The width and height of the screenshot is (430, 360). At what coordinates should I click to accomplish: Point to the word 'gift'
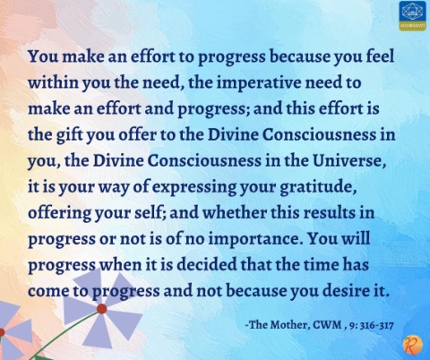point(71,135)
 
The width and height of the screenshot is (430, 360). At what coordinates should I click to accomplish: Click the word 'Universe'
point(348,161)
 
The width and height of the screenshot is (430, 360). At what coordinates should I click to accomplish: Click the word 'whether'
point(235,213)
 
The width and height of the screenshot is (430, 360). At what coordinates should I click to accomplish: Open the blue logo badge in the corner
point(412,15)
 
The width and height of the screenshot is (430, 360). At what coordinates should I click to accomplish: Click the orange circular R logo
point(412,345)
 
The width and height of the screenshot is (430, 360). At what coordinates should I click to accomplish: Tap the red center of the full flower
point(102,309)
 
